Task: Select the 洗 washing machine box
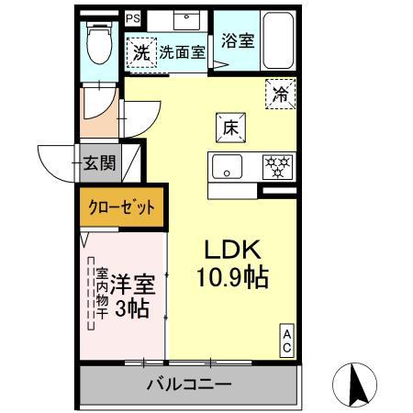point(141,52)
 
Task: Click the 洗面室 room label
point(182,53)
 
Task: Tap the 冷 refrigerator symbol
point(281,92)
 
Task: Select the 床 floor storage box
point(229,128)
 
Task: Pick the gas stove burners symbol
point(276,167)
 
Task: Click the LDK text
point(233,249)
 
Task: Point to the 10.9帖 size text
point(233,277)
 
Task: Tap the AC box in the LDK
point(287,340)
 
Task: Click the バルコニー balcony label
point(189,385)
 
